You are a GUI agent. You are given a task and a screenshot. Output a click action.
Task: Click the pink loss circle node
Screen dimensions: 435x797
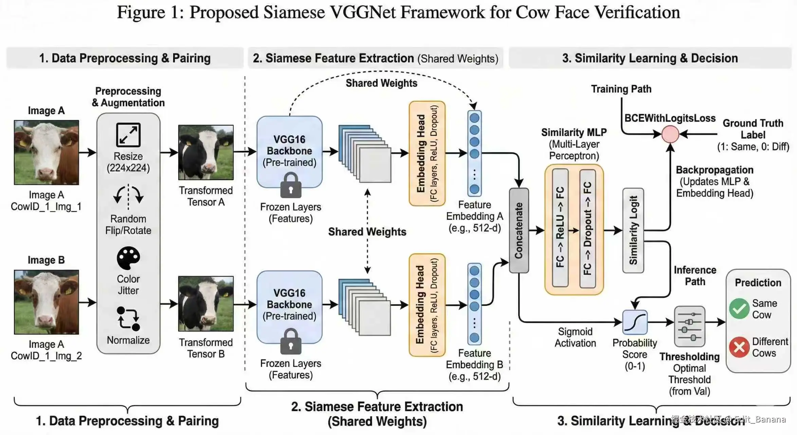tap(670, 134)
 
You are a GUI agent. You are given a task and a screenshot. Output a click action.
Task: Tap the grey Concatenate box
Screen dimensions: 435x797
tap(519, 230)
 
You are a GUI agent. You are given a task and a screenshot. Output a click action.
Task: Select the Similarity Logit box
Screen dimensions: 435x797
tap(633, 230)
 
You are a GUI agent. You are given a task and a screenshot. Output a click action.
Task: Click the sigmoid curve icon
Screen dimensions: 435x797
tap(635, 322)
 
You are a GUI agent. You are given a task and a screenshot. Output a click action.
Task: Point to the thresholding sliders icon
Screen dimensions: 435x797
tap(689, 326)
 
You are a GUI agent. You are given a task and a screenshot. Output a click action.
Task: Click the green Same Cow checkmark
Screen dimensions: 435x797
tap(739, 309)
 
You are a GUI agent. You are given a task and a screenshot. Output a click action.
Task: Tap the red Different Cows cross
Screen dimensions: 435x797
tap(739, 347)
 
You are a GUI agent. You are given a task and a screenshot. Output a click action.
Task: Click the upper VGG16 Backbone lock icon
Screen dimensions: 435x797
tap(291, 186)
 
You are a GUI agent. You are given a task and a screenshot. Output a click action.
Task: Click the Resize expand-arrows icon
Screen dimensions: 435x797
tap(128, 135)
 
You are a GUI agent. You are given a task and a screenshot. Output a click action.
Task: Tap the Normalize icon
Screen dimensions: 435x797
tap(128, 318)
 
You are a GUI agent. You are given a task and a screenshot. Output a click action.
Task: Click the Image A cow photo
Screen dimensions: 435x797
tap(47, 153)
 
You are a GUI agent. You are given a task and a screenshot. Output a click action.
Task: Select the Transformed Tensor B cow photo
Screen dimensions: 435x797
tap(206, 303)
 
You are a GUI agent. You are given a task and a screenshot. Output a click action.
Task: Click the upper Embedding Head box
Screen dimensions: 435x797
tap(427, 153)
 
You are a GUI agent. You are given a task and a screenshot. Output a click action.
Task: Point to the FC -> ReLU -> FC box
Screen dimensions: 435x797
tap(560, 228)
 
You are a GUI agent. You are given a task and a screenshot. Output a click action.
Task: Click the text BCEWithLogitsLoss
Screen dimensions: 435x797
tap(670, 118)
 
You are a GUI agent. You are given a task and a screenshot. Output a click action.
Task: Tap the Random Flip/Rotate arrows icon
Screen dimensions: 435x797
tap(128, 196)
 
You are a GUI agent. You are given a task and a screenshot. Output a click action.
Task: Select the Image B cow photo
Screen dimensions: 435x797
tap(47, 302)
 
